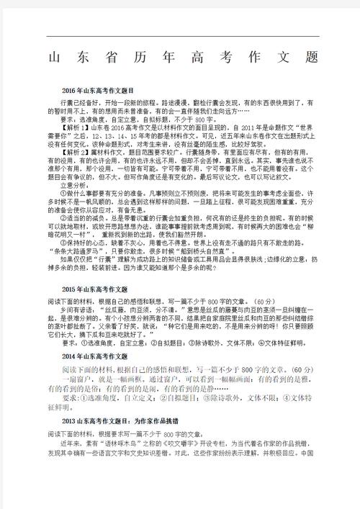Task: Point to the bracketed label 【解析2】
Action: pyautogui.click(x=76, y=153)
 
